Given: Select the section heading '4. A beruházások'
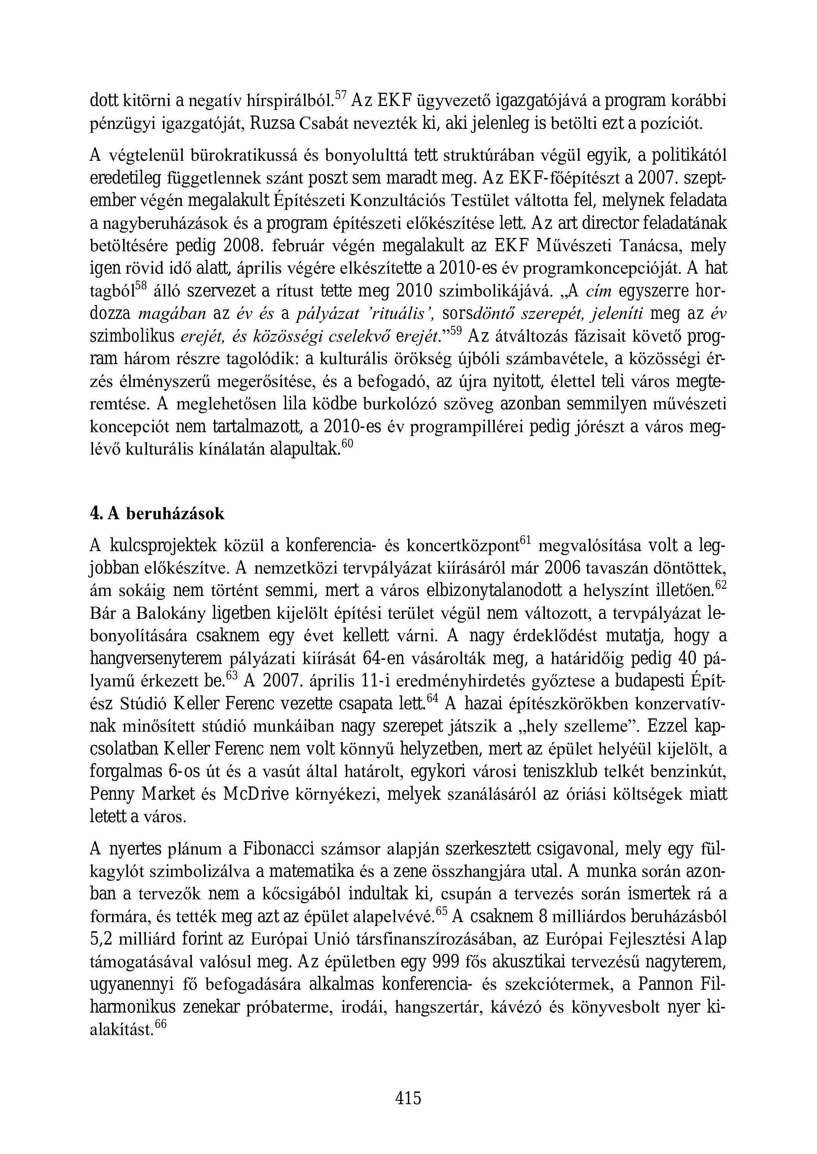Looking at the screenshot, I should tap(157, 514).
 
